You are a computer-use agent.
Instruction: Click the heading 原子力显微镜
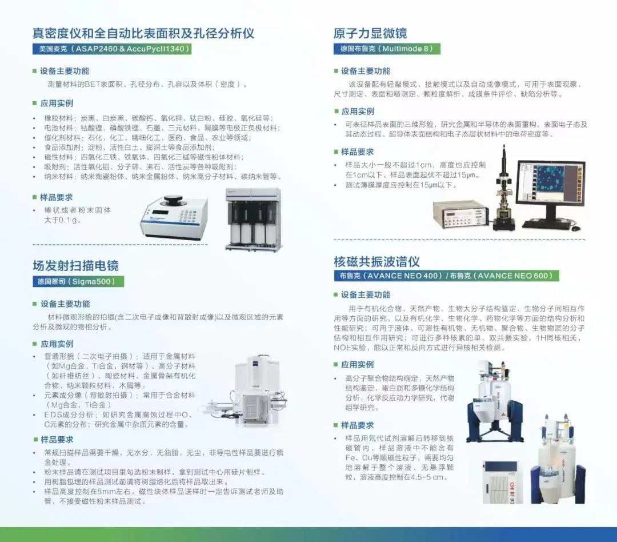pyautogui.click(x=370, y=33)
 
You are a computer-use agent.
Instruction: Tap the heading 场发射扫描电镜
pyautogui.click(x=75, y=265)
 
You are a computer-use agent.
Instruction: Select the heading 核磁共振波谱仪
pyautogui.click(x=376, y=261)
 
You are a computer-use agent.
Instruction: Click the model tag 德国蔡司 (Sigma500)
pyautogui.click(x=78, y=281)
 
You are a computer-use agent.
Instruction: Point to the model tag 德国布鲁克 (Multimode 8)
pyautogui.click(x=387, y=49)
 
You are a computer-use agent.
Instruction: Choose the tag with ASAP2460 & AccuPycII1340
pyautogui.click(x=112, y=49)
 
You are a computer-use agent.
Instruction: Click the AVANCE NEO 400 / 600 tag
pyautogui.click(x=446, y=276)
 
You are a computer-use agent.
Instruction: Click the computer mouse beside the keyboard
pyautogui.click(x=575, y=228)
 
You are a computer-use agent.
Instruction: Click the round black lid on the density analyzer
pyautogui.click(x=175, y=200)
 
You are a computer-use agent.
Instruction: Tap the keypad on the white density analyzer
pyautogui.click(x=189, y=216)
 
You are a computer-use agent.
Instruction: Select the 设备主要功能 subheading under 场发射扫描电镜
pyautogui.click(x=61, y=304)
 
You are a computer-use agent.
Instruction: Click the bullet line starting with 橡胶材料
pyautogui.click(x=158, y=118)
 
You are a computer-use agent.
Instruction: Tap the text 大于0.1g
pyautogui.click(x=62, y=220)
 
